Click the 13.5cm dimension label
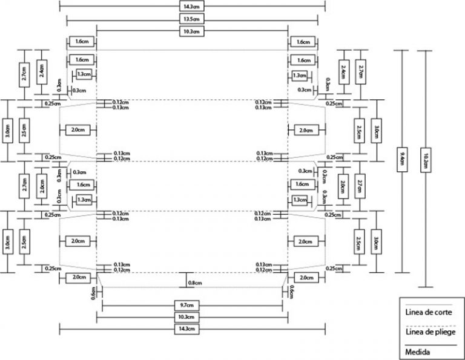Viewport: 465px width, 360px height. [x=192, y=18]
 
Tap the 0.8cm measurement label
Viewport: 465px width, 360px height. [x=194, y=283]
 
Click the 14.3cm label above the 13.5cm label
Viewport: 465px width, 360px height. [x=192, y=7]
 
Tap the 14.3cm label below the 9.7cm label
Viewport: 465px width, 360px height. [x=192, y=329]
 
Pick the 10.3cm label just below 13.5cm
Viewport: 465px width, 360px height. [x=192, y=30]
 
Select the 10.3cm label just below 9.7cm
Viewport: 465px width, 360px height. [x=192, y=317]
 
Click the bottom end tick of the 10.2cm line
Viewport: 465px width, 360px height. [x=426, y=287]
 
